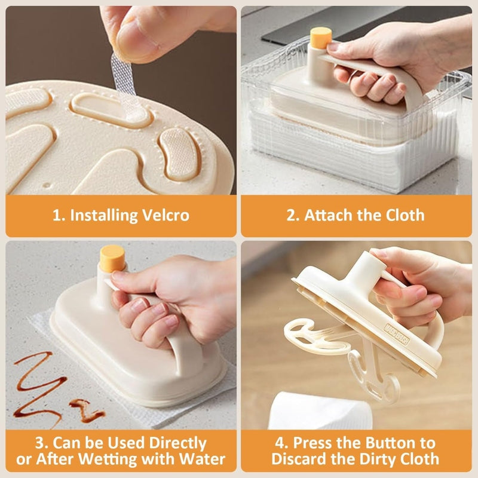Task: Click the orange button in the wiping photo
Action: click(x=112, y=257)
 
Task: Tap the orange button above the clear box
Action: click(x=321, y=38)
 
